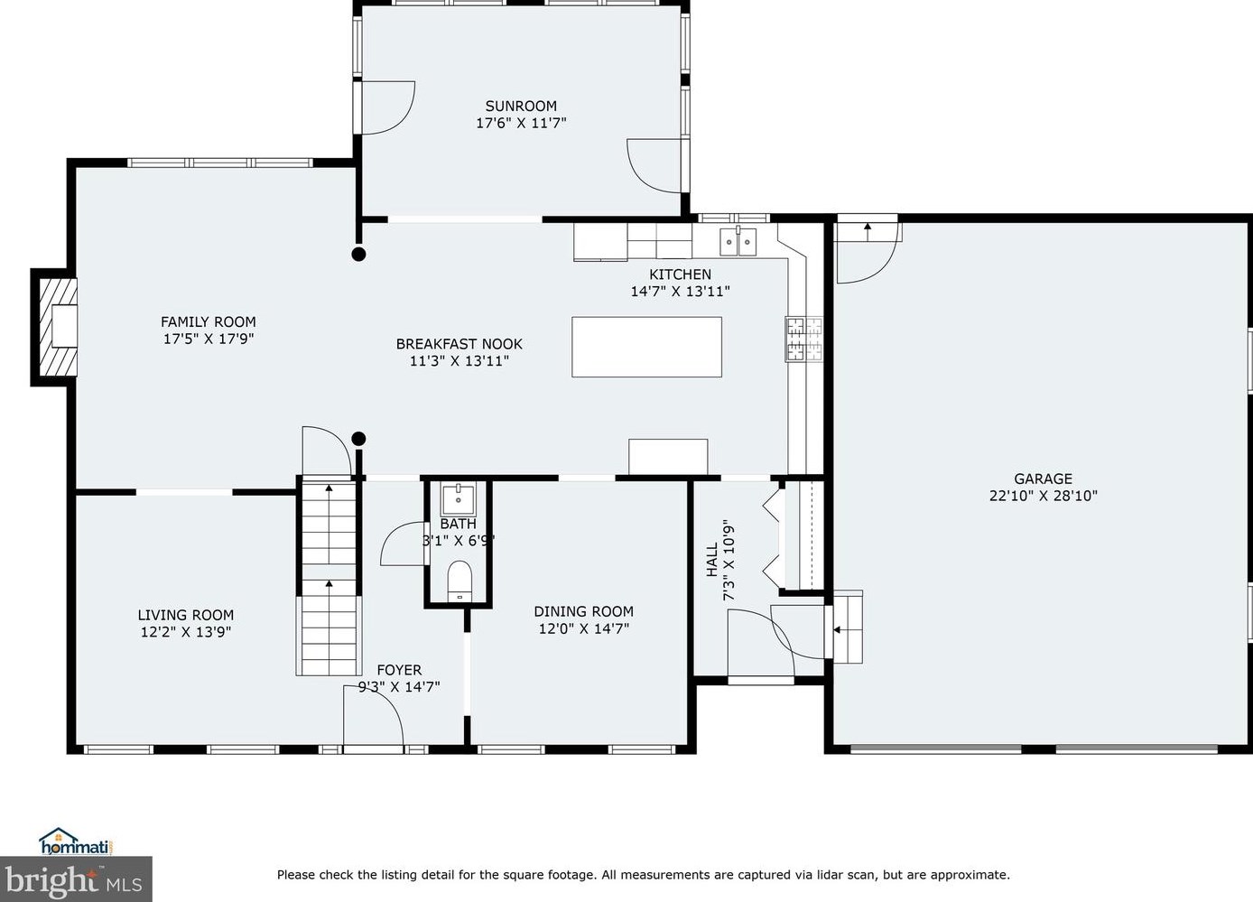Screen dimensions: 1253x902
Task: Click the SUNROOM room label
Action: pyautogui.click(x=521, y=106)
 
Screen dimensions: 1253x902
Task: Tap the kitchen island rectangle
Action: pyautogui.click(x=646, y=347)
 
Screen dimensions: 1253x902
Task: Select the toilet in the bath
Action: pyautogui.click(x=459, y=581)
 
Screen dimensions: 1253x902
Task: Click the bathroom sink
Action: pyautogui.click(x=458, y=500)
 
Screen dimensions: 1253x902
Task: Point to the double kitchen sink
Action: pyautogui.click(x=738, y=241)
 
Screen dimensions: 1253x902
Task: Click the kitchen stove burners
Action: pyautogui.click(x=804, y=339)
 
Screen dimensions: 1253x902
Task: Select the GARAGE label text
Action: pyautogui.click(x=1044, y=479)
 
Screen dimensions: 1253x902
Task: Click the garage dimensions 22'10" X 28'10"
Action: pyautogui.click(x=1044, y=496)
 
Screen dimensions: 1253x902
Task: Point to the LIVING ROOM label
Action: pyautogui.click(x=186, y=615)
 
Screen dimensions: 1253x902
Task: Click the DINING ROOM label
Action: pyautogui.click(x=583, y=611)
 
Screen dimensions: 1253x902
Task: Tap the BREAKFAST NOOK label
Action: pyautogui.click(x=459, y=344)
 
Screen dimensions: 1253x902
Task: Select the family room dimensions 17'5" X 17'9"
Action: pyautogui.click(x=209, y=339)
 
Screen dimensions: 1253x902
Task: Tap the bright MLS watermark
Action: pyautogui.click(x=76, y=879)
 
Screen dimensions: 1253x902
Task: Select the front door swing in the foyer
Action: pyautogui.click(x=373, y=715)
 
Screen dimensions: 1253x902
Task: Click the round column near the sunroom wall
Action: pyautogui.click(x=358, y=254)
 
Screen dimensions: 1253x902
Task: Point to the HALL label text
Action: pyautogui.click(x=712, y=560)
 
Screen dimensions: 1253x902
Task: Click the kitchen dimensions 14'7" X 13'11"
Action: pyautogui.click(x=680, y=291)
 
